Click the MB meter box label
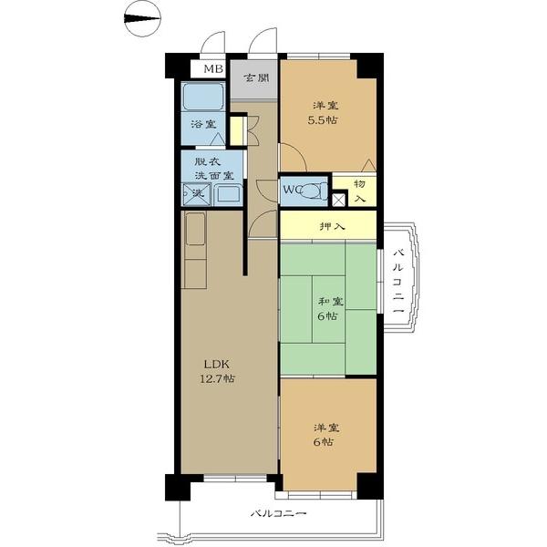[x=213, y=68]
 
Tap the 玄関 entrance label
[x=256, y=77]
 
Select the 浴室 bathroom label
[x=203, y=124]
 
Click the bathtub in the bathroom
[x=203, y=97]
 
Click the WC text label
[x=292, y=191]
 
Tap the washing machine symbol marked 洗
[x=197, y=194]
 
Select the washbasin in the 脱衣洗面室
[x=228, y=194]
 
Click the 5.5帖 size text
[x=323, y=120]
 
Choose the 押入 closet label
[x=333, y=226]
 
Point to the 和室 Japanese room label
[x=330, y=302]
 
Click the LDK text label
[x=217, y=365]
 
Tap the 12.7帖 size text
[x=217, y=378]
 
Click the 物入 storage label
[x=360, y=191]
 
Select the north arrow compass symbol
[x=142, y=19]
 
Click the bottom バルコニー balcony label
[x=279, y=513]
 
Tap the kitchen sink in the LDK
[x=195, y=229]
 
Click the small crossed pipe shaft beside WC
[x=338, y=200]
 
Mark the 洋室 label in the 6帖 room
[x=326, y=428]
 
